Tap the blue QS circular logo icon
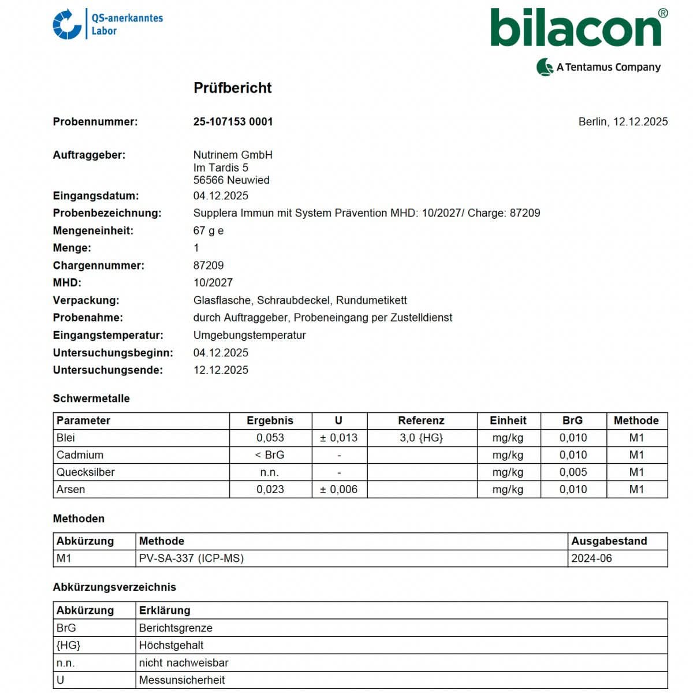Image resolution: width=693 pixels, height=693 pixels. (67, 24)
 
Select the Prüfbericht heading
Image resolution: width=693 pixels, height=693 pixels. (232, 88)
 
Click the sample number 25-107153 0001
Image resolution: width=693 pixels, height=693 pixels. (233, 122)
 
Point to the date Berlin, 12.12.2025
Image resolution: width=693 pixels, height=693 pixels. (623, 122)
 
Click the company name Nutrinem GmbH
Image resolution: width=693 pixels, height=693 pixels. (233, 155)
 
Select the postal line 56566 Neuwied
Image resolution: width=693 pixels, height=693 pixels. (231, 180)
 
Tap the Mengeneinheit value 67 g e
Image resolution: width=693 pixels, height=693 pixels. (208, 231)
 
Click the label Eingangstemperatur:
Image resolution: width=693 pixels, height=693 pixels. (108, 336)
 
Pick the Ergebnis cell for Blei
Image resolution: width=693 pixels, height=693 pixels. (270, 438)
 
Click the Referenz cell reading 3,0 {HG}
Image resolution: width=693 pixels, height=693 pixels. (421, 438)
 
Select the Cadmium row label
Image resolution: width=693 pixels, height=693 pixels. (80, 455)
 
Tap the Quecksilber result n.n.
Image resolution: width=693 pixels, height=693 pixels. (270, 472)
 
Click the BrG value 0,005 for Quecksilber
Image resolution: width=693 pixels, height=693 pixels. (573, 472)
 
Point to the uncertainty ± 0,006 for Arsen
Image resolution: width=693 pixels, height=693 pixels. (339, 490)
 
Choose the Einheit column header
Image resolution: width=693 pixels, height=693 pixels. (508, 420)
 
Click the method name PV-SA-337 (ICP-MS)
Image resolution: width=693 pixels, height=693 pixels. (191, 558)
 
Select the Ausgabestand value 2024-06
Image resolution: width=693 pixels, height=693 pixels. (591, 558)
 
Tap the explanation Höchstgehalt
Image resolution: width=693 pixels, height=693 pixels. (171, 645)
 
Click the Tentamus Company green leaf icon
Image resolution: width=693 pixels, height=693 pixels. (545, 67)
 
